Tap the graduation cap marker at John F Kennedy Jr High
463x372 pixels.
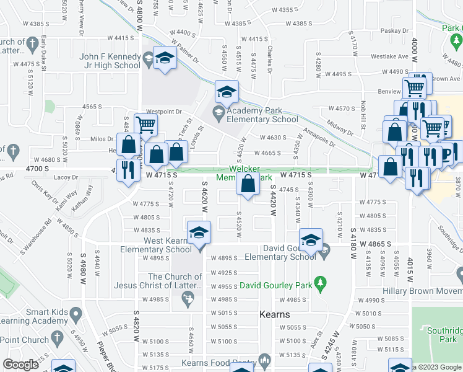(x=165, y=58)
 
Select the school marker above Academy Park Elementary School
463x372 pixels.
(x=227, y=92)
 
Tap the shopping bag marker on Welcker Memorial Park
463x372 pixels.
(x=248, y=184)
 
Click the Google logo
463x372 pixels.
(x=20, y=365)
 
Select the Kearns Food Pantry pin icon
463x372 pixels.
(x=264, y=360)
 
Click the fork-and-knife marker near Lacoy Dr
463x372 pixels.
(x=128, y=170)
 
